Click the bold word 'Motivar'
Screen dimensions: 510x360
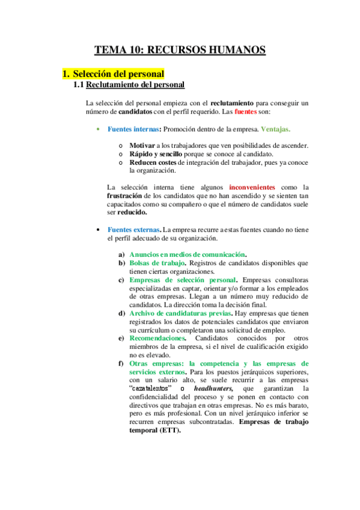point(142,146)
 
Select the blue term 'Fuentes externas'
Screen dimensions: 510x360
point(133,229)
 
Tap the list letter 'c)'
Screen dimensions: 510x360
point(121,280)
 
